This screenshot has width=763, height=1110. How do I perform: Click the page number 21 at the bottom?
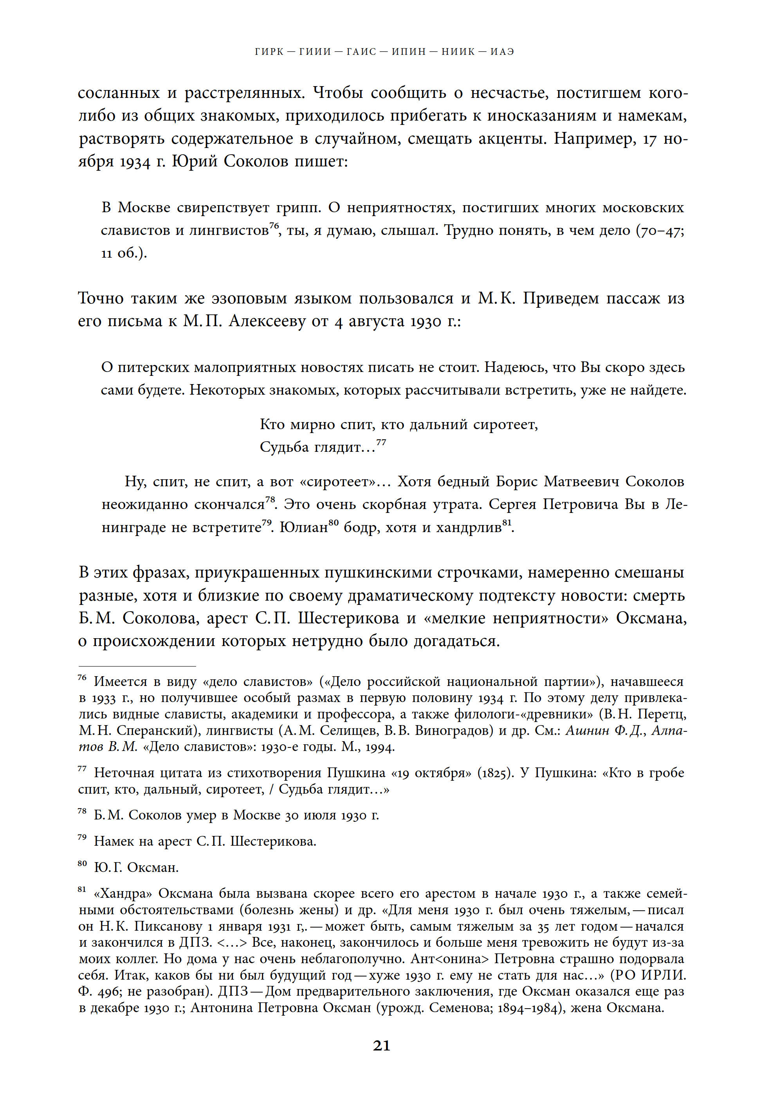click(381, 1045)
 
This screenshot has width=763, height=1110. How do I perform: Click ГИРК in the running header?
click(270, 52)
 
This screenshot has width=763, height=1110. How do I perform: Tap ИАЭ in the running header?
click(502, 52)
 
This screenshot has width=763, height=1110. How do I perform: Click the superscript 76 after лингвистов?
click(274, 226)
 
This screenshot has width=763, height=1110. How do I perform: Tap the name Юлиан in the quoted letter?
click(303, 527)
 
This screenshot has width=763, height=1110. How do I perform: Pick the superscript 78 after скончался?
click(271, 499)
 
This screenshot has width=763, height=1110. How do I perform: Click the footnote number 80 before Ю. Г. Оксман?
click(82, 863)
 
